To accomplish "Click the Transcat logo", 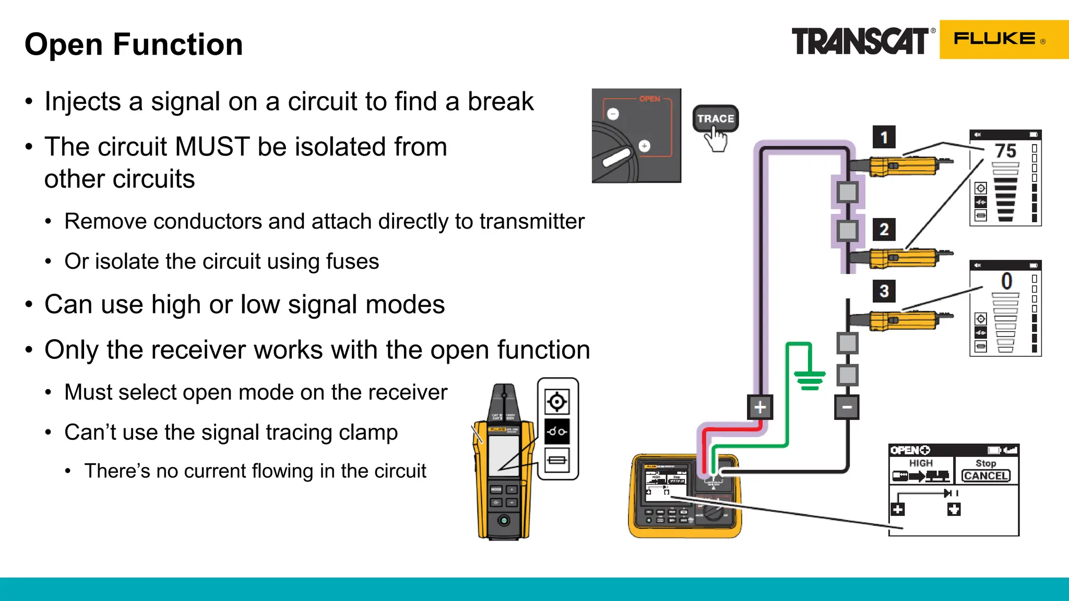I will [x=860, y=41].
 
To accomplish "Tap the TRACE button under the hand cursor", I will [x=715, y=118].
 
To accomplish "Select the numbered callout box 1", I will [x=884, y=137].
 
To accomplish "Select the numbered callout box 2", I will [x=884, y=230].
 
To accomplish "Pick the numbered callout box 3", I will [x=884, y=291].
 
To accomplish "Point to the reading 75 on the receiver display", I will [x=1005, y=151].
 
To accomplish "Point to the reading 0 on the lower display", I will [x=1006, y=282].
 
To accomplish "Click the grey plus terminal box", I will [x=759, y=407].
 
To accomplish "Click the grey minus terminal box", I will [x=846, y=407].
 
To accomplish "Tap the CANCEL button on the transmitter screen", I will [x=985, y=476].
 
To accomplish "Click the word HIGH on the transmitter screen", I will [x=920, y=463].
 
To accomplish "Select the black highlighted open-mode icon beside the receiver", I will [x=557, y=431].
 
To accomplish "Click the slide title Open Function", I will [x=134, y=44].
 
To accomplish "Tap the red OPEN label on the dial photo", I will [x=649, y=99].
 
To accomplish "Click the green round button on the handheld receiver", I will [x=504, y=520].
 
